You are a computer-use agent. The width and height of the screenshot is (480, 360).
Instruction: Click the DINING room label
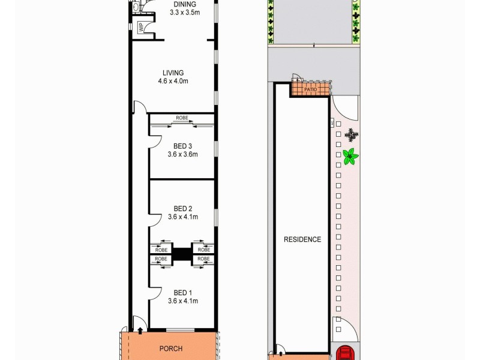185,4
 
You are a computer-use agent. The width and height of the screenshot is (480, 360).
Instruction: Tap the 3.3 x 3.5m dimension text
185,13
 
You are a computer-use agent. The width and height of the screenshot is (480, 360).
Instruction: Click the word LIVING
173,73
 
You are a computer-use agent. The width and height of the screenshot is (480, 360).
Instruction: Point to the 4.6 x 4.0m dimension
173,82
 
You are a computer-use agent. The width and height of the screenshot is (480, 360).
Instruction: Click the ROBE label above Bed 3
182,118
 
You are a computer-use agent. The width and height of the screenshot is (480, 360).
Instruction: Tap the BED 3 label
182,146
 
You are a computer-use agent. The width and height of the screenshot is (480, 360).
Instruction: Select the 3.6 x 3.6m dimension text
182,154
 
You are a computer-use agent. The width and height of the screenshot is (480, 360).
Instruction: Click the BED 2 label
182,209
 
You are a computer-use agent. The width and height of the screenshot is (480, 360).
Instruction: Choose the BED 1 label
182,293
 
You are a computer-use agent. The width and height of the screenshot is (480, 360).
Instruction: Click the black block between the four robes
182,253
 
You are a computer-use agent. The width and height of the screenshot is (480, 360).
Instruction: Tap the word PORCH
170,349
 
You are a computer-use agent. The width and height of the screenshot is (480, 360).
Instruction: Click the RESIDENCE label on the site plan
302,239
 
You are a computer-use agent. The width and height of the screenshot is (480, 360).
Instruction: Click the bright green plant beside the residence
350,157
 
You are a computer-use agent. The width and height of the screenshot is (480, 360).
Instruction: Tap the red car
344,353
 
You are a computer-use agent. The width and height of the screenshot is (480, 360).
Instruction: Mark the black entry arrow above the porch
140,330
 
